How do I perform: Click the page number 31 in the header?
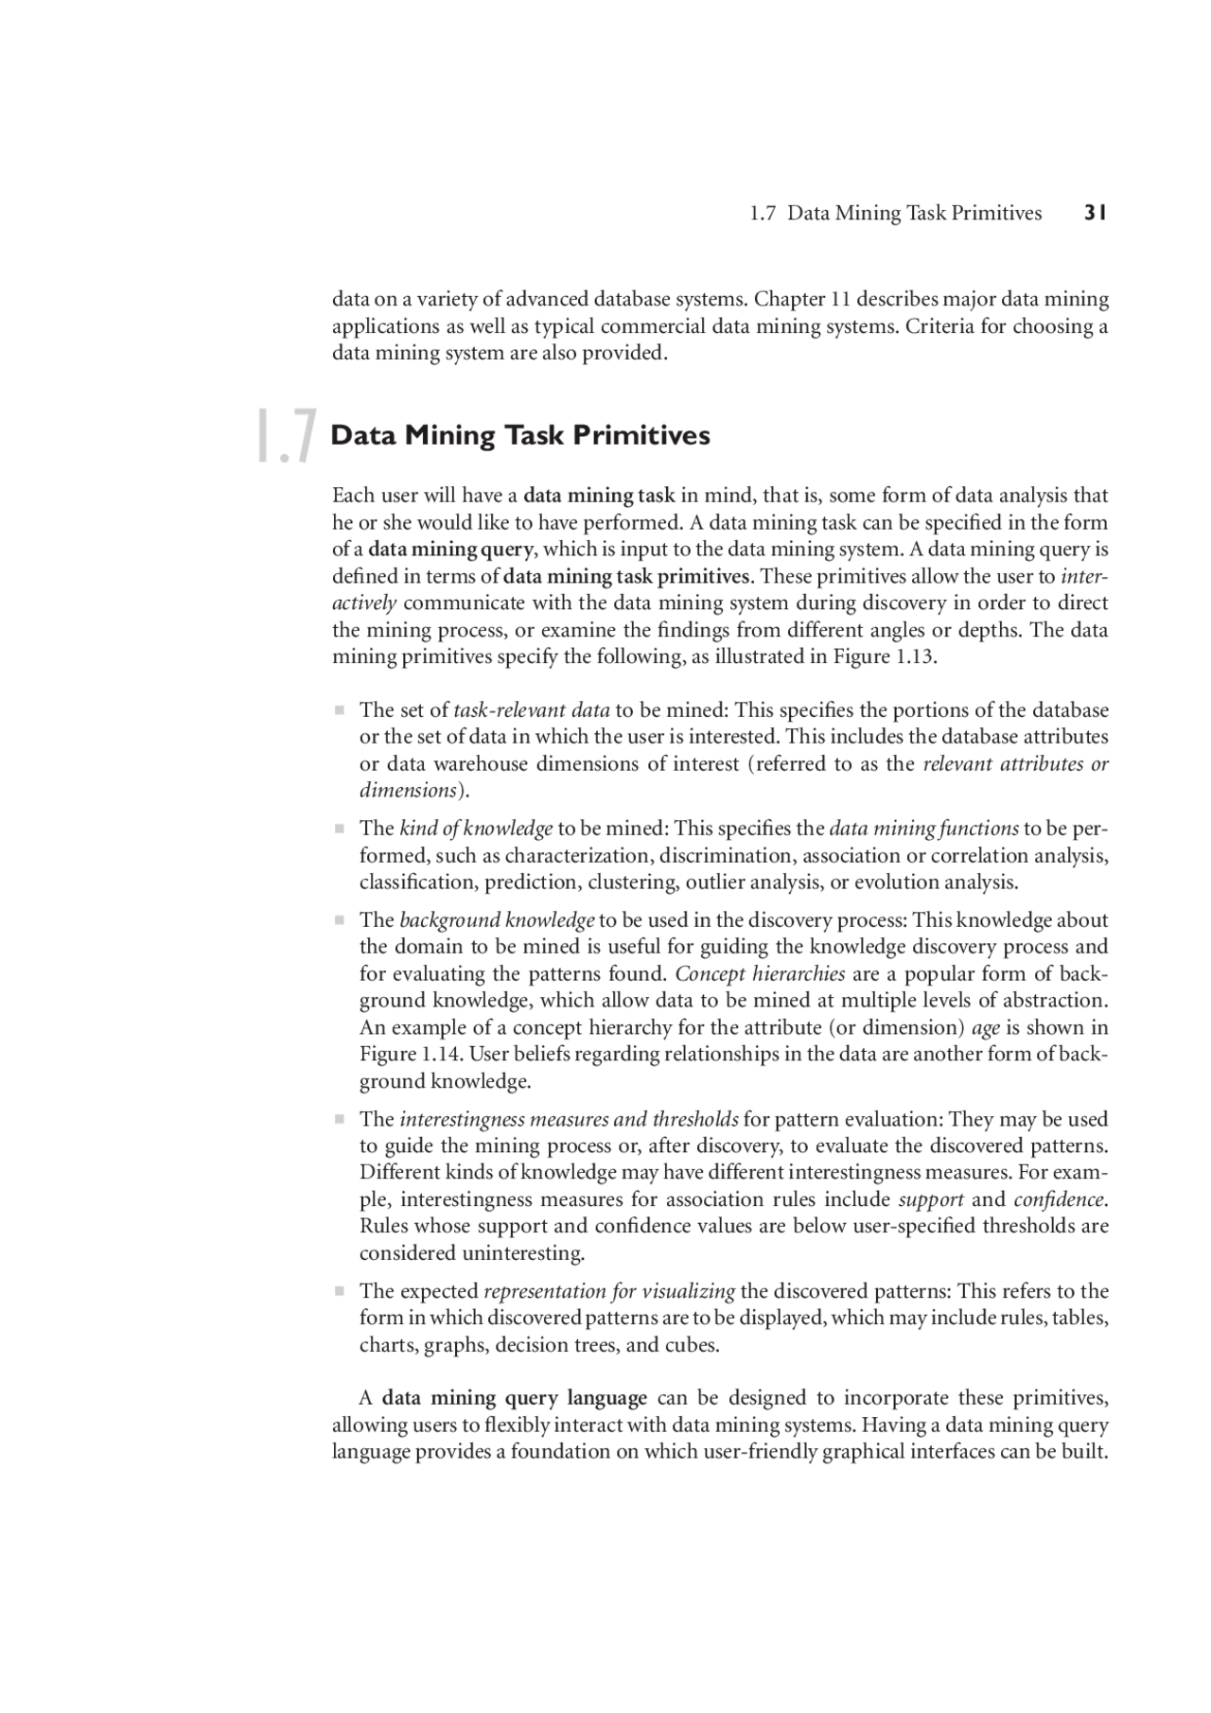[1095, 213]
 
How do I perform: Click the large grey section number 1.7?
[285, 437]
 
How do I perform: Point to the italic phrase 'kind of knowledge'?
[476, 829]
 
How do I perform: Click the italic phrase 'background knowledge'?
[497, 920]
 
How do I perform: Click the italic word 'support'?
[931, 1199]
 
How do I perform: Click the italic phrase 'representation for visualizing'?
[609, 1291]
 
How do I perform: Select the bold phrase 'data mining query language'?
[515, 1398]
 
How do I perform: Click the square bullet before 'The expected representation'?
[338, 1291]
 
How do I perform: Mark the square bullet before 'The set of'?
[338, 710]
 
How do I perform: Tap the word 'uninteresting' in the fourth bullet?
[521, 1253]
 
